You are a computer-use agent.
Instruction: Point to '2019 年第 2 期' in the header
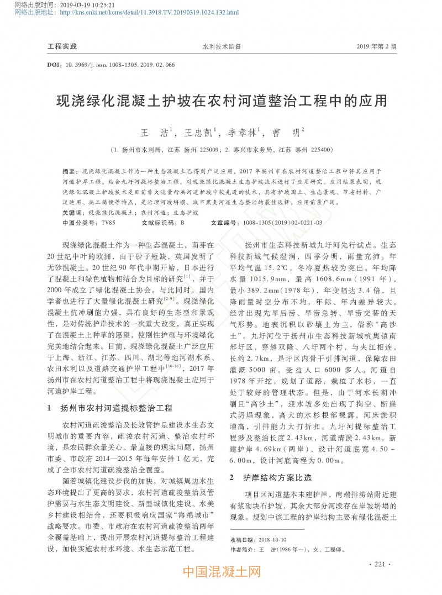pos(377,46)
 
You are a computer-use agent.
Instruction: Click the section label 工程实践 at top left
pos(62,46)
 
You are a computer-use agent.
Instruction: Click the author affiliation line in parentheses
pos(221,150)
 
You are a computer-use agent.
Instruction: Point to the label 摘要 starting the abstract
pos(69,172)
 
